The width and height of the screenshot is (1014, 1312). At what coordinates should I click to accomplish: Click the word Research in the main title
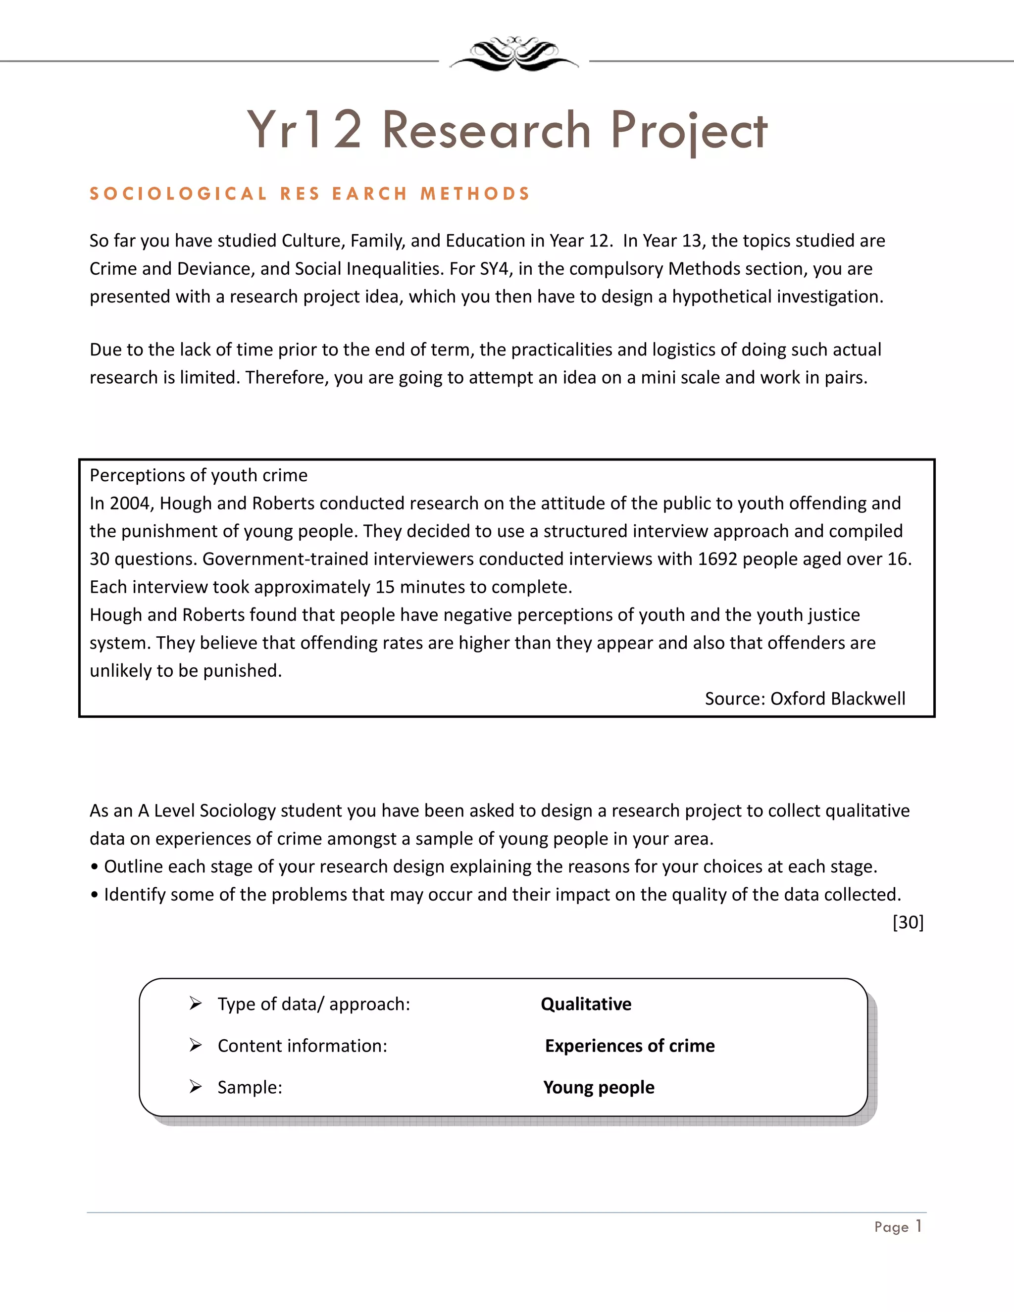tap(487, 130)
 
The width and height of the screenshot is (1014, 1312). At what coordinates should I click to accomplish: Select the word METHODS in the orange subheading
tap(474, 194)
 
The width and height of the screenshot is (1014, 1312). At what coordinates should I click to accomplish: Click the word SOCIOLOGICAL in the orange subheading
tap(178, 194)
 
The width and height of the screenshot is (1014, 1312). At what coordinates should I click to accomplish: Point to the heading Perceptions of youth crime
tap(198, 475)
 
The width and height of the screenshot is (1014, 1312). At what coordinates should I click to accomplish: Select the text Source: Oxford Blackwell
tap(805, 699)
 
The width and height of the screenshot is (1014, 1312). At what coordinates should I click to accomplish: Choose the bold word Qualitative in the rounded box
tap(586, 1004)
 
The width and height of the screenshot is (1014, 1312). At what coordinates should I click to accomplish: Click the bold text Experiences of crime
tap(630, 1046)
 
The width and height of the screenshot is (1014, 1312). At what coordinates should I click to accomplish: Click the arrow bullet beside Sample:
tap(195, 1087)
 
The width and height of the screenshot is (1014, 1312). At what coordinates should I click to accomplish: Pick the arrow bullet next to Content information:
tap(195, 1045)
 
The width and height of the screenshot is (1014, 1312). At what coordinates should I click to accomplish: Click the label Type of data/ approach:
tap(313, 1004)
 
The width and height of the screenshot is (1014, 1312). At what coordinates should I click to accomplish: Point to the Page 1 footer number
tap(898, 1227)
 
